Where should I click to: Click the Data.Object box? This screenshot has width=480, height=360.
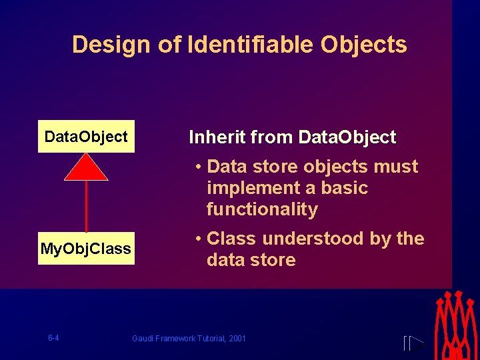coord(86,137)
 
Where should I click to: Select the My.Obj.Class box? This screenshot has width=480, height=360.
coord(86,249)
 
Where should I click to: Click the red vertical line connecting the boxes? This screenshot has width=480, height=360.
coord(86,207)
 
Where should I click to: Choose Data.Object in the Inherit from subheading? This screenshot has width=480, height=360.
coord(347,138)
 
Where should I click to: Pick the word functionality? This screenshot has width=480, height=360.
coord(262,209)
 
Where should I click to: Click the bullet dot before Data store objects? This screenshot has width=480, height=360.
coord(199,167)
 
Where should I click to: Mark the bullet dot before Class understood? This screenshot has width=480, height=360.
coord(199,239)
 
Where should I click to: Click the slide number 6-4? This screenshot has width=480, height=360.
coord(53,338)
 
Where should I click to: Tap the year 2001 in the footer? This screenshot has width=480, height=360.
coord(237,339)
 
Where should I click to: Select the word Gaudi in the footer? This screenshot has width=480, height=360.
coord(143,339)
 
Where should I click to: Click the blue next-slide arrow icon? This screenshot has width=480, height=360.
coord(414,343)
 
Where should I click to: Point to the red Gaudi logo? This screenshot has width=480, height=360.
coord(457,325)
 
